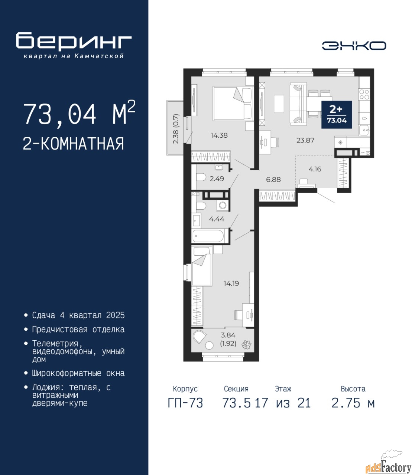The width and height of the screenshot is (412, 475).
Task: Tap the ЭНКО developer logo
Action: point(354,46)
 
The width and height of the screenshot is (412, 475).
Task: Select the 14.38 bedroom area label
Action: point(219,135)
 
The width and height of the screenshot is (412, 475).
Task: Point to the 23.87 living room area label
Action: point(305,140)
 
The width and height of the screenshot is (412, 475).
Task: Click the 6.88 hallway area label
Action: point(273,180)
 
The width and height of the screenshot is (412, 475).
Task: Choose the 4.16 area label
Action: point(315,169)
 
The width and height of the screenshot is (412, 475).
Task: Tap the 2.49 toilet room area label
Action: point(217,178)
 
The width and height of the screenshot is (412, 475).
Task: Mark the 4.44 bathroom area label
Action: point(217,219)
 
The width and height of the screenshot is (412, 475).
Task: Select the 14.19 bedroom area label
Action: point(231,284)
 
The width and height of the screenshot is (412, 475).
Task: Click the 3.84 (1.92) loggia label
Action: point(228,339)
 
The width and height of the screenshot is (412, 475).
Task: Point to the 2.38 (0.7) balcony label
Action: point(176,129)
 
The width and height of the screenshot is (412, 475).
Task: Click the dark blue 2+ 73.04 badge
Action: point(337,114)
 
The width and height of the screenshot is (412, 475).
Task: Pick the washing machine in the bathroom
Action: point(223,205)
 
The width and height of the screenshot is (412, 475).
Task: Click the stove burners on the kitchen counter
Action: point(364,95)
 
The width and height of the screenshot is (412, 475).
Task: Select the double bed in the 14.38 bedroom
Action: point(233,103)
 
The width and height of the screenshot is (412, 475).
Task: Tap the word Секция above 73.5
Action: point(236,389)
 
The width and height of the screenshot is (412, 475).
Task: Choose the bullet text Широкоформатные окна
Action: point(78,373)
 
